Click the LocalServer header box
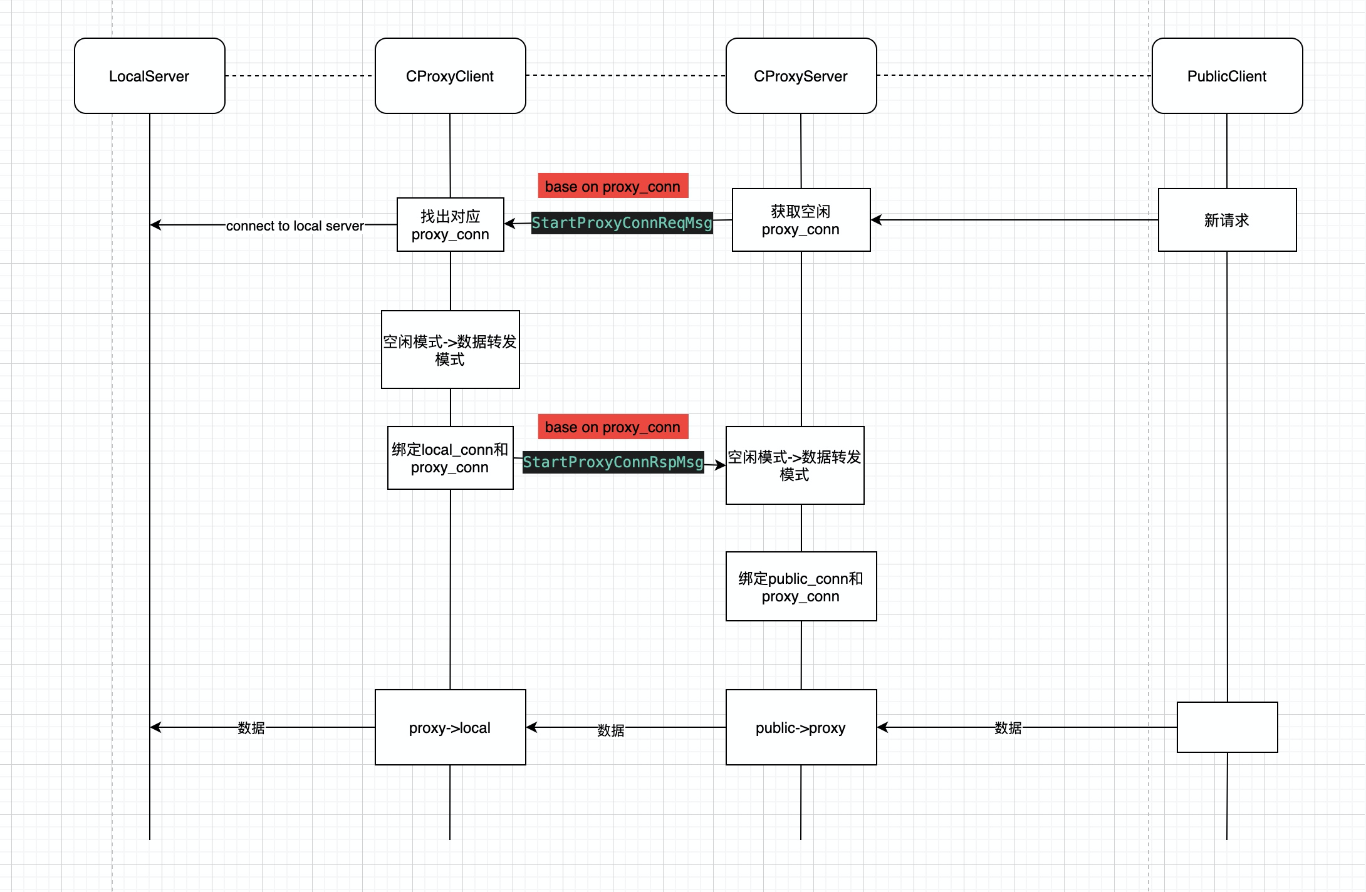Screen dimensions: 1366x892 (x=150, y=76)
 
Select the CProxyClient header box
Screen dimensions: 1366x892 (x=451, y=76)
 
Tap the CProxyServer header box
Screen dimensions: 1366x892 (x=801, y=76)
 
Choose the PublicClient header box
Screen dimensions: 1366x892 (x=1228, y=76)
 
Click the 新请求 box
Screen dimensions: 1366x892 (x=1228, y=220)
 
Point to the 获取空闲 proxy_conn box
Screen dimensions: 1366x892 (x=801, y=220)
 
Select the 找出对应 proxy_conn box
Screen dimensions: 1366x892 (x=451, y=225)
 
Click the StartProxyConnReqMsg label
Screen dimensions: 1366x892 (x=622, y=223)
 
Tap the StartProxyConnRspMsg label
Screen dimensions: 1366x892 (x=613, y=462)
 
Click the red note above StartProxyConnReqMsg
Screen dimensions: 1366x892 (x=613, y=186)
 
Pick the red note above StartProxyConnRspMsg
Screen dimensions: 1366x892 (x=613, y=427)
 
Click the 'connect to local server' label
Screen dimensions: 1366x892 (x=295, y=226)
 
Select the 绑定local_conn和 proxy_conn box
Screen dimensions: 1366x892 (x=451, y=458)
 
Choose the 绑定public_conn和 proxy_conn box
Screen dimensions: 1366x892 (x=801, y=586)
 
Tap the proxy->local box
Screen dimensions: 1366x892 (x=451, y=727)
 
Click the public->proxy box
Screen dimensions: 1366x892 (x=801, y=727)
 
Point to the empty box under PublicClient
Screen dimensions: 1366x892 (x=1228, y=727)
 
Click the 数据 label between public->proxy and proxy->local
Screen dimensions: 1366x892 (x=611, y=730)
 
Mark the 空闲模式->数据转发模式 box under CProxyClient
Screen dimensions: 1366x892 (x=451, y=350)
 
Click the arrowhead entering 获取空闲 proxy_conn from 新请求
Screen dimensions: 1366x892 (x=876, y=220)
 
